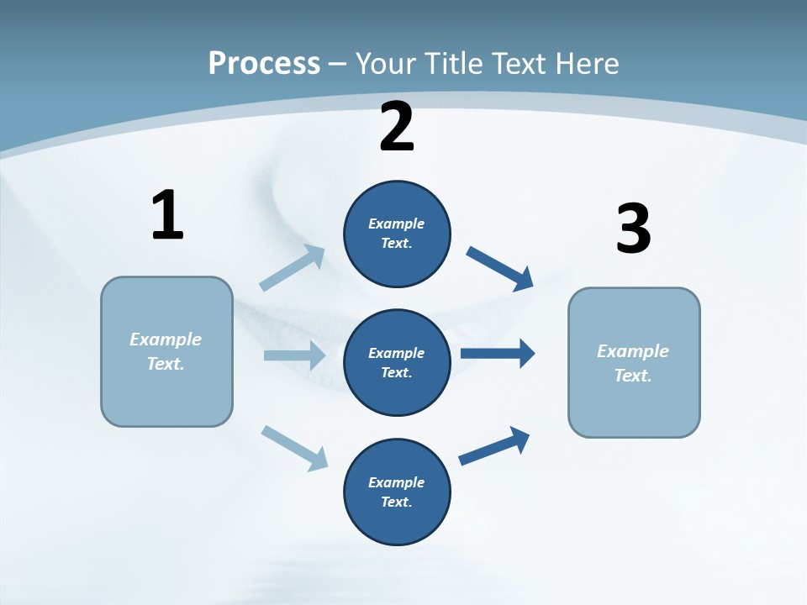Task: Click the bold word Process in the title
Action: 264,64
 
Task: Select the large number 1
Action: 167,216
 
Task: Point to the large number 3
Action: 633,229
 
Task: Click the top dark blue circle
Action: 397,234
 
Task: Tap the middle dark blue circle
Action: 397,362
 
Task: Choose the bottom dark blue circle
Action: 397,492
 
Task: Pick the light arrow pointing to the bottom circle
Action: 294,447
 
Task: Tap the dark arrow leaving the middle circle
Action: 498,353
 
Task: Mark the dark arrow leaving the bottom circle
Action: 494,446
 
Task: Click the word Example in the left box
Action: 166,339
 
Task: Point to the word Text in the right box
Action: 632,376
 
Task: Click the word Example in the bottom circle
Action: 396,482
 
